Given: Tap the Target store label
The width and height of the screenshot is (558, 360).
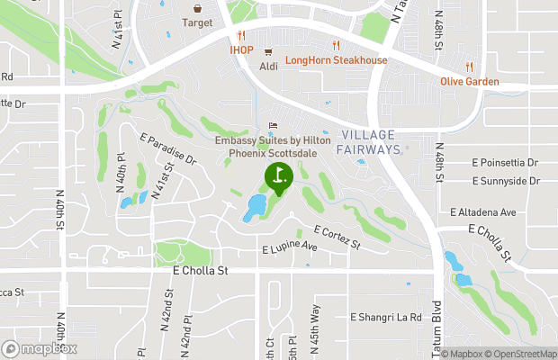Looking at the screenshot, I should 197,22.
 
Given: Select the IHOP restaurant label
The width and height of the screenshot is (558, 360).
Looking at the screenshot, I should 241,50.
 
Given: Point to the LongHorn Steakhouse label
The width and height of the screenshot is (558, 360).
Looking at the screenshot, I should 336,60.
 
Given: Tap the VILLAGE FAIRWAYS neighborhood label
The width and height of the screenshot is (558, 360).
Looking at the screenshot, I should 370,142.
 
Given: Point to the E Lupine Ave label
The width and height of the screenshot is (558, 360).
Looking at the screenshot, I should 290,247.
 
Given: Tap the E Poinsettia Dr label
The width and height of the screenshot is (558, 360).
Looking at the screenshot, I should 505,163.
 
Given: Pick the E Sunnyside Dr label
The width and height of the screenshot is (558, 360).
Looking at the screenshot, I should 507,181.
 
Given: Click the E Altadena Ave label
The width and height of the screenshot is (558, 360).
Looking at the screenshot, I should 483,212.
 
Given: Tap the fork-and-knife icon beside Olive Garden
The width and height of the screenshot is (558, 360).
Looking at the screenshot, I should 469,67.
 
